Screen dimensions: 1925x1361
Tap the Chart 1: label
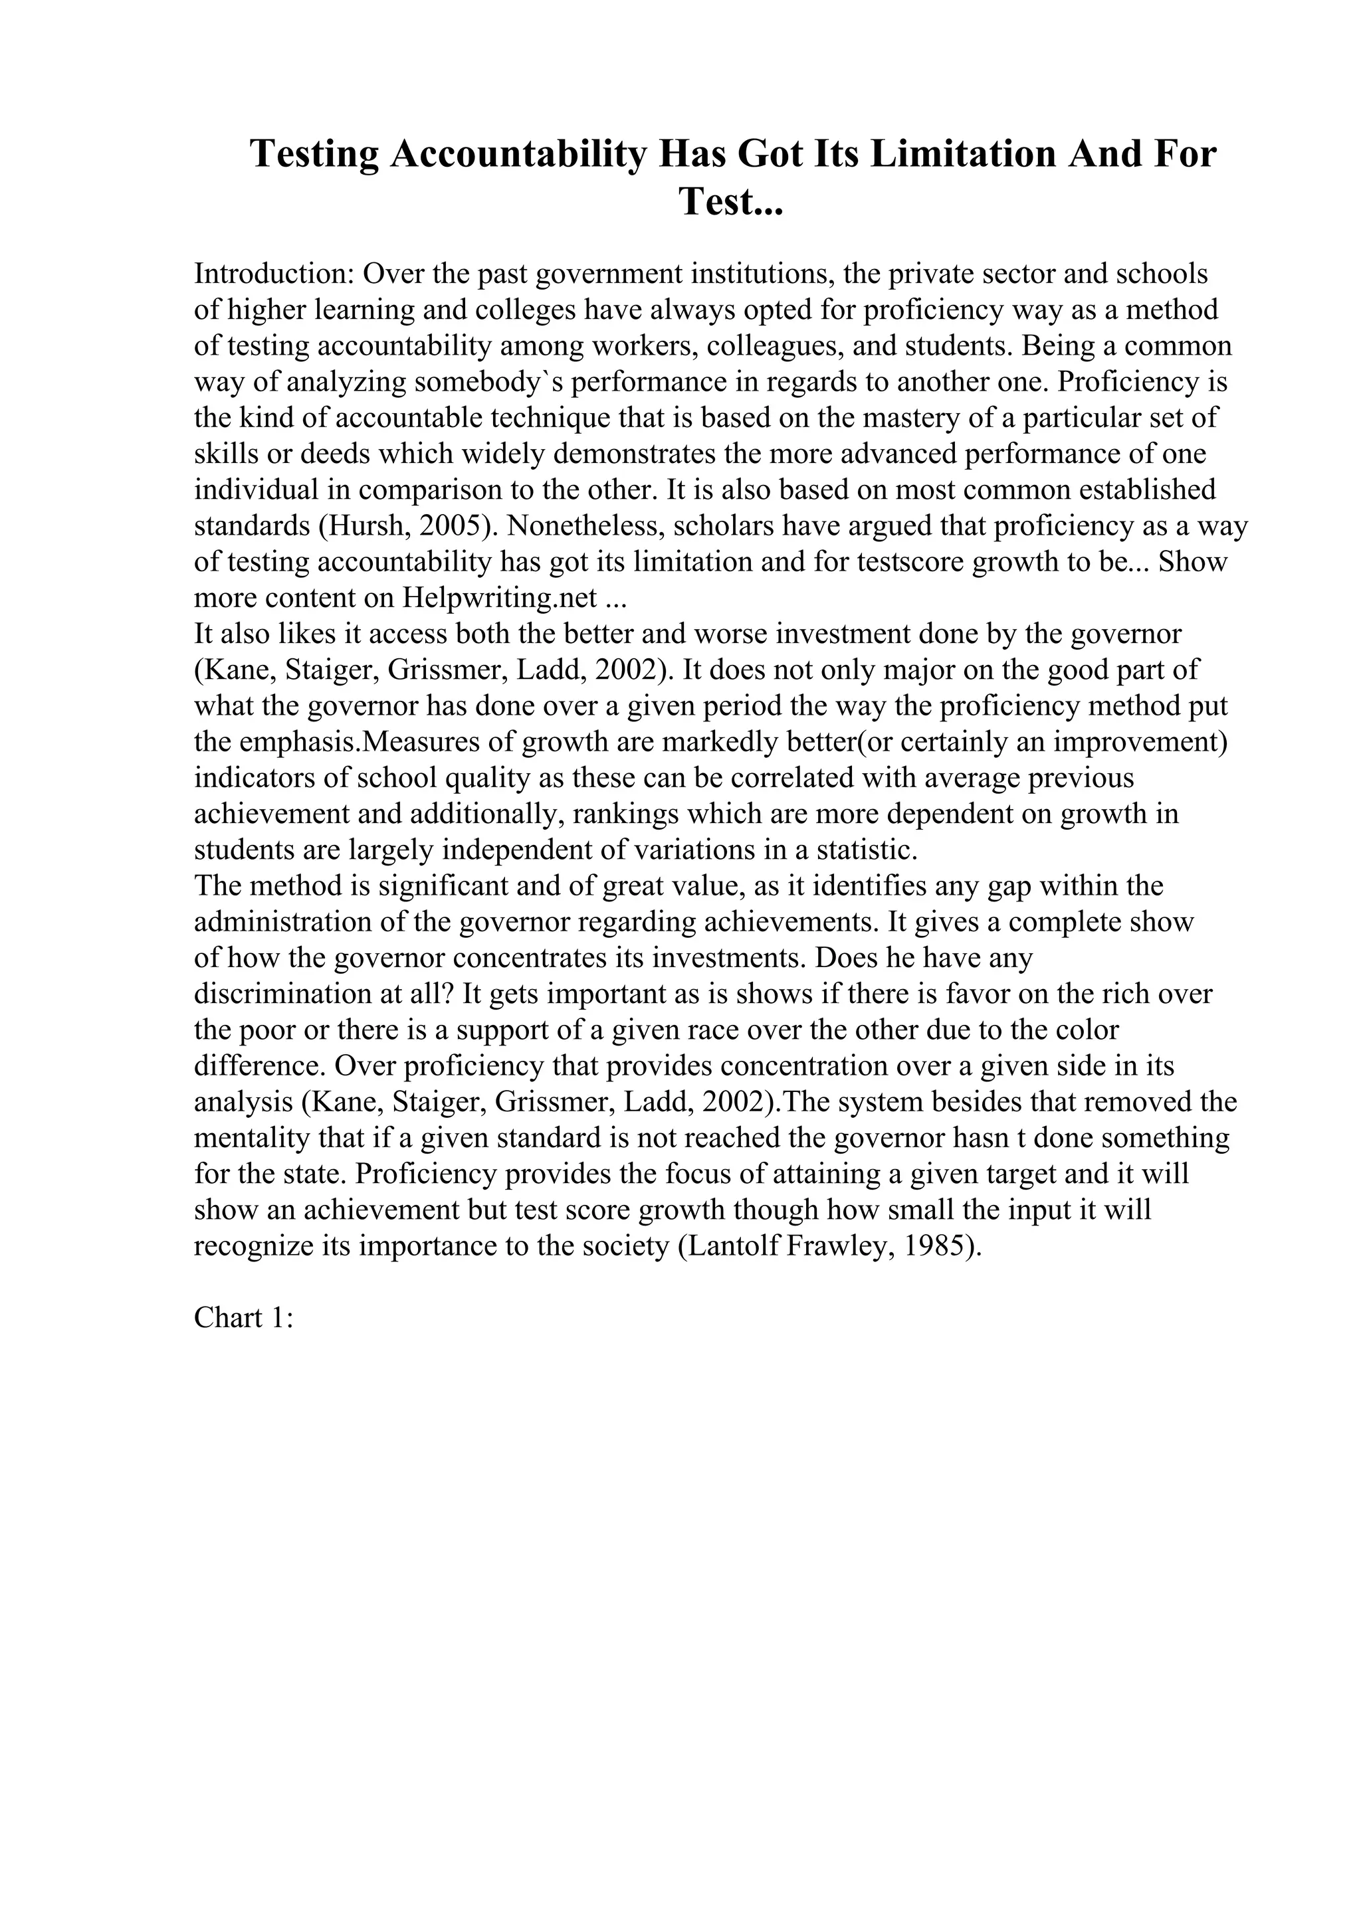243,1318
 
